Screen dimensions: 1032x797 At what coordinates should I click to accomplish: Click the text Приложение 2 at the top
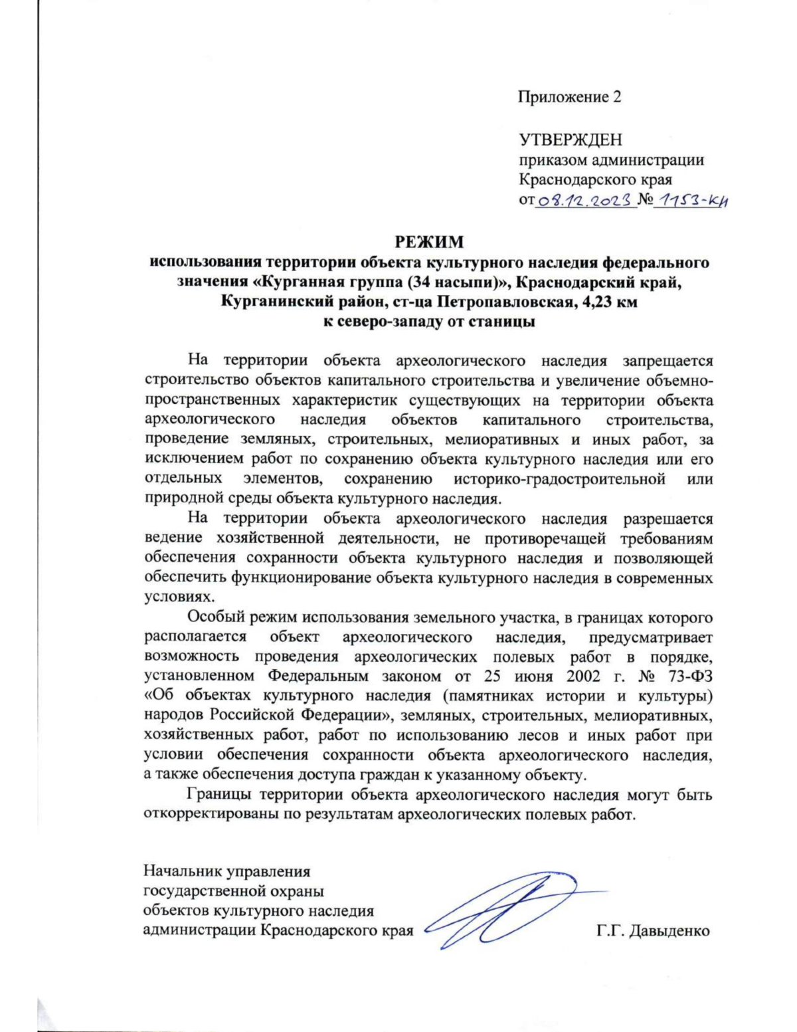[x=569, y=97]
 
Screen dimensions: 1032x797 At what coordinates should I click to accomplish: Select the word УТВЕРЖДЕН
[x=570, y=140]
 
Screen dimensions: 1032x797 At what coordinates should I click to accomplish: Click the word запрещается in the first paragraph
[x=667, y=361]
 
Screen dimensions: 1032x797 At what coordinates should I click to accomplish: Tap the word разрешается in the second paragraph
[x=667, y=518]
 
